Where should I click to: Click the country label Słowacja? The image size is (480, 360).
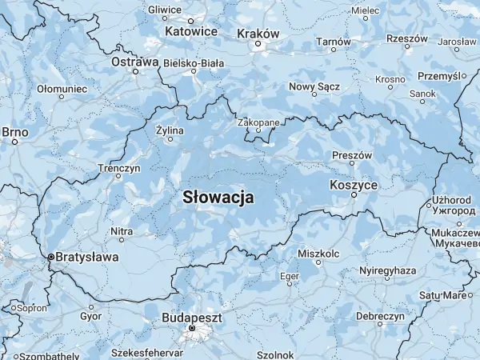tap(218, 196)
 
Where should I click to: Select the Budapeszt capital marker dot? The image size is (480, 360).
tap(192, 328)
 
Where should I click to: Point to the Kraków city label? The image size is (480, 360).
tap(258, 34)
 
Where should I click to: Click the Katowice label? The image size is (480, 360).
tap(191, 31)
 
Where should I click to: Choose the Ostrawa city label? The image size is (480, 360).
tap(134, 61)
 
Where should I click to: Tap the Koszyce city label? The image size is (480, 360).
tap(353, 185)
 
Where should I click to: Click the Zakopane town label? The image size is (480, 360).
tap(258, 122)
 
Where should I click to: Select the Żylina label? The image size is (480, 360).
tap(170, 130)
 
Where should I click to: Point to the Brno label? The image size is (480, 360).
tap(14, 131)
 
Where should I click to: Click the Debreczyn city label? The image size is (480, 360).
tap(379, 317)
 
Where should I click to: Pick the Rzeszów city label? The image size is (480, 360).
tap(406, 38)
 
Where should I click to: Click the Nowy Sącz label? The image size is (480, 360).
tap(314, 86)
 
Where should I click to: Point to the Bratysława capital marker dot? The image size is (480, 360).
tap(50, 257)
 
